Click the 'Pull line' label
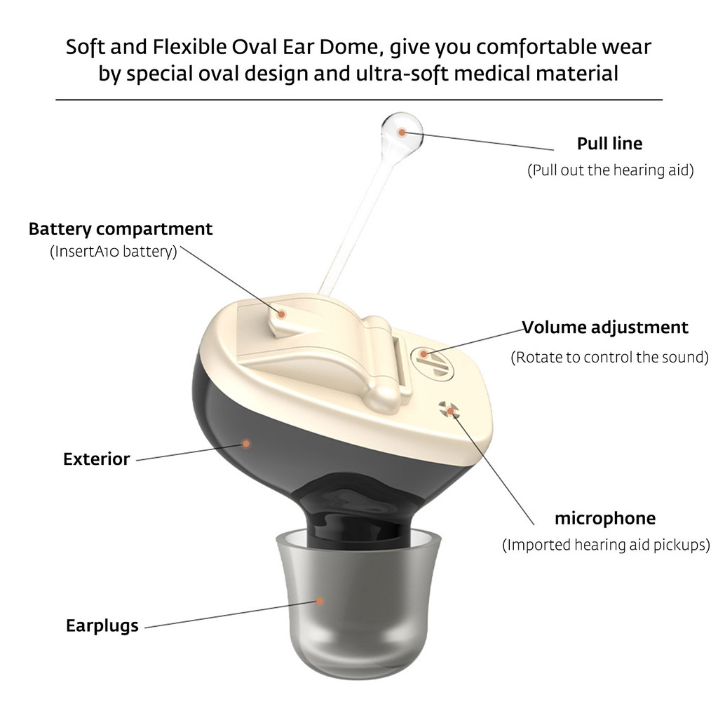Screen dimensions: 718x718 [x=609, y=144]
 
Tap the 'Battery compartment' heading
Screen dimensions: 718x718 [x=121, y=229]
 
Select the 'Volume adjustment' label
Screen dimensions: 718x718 [x=605, y=327]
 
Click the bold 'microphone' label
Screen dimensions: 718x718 [x=605, y=518]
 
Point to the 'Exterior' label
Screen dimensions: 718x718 [x=97, y=459]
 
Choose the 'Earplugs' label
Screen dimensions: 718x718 [x=102, y=626]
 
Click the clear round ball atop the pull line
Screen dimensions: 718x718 [x=402, y=133]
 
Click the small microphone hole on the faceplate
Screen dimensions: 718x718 [x=447, y=409]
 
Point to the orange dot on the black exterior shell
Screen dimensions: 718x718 [x=246, y=443]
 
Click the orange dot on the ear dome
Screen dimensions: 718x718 [x=320, y=601]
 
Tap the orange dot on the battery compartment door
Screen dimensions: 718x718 [x=282, y=314]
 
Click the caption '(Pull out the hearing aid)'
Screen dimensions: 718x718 [x=611, y=170]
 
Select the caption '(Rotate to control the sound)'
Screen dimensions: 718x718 [x=609, y=357]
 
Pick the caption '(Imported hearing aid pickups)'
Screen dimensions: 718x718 [x=606, y=545]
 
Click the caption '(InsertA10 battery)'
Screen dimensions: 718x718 [x=113, y=252]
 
